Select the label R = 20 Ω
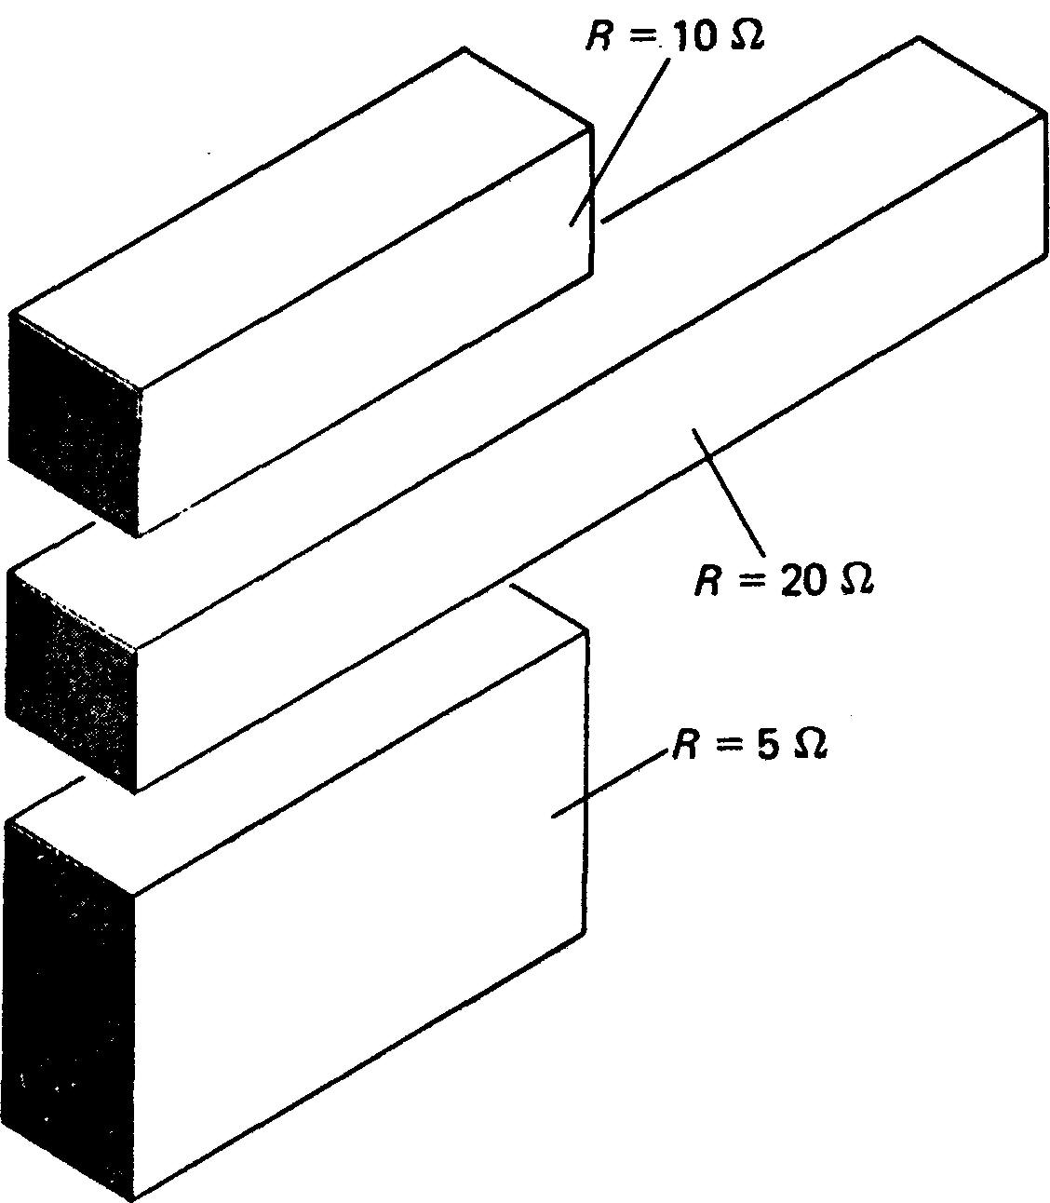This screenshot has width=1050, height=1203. point(783,580)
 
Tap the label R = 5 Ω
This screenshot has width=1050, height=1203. point(749,745)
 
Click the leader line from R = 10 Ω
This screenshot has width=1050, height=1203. point(622,140)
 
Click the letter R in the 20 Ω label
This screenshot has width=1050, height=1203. point(707,581)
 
